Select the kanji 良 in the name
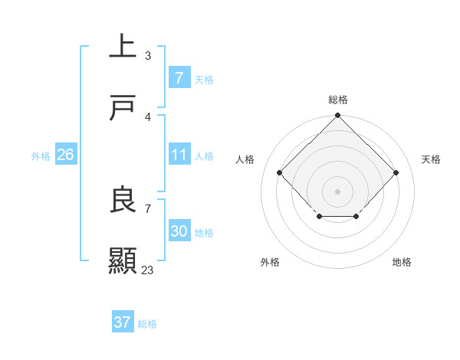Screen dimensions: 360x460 click(123, 199)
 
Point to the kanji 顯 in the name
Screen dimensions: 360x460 click(123, 261)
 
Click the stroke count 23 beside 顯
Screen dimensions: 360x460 click(147, 270)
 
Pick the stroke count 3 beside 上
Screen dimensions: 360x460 click(148, 55)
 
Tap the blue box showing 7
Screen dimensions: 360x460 click(179, 78)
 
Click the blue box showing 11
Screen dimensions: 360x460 click(179, 155)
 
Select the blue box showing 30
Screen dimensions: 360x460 click(179, 231)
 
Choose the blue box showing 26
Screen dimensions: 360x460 click(65, 155)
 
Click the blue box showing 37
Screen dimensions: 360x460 click(122, 322)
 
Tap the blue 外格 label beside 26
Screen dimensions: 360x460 click(41, 155)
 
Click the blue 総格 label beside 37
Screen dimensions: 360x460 click(147, 323)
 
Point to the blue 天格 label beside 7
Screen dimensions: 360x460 click(204, 79)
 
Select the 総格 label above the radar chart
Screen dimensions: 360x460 click(337, 100)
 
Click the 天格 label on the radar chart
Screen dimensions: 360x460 click(431, 159)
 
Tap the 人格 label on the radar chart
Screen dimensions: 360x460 click(245, 159)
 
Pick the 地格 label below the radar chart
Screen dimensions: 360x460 click(402, 262)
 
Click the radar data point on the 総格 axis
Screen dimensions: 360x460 click(337, 116)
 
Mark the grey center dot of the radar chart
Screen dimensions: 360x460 click(337, 191)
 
